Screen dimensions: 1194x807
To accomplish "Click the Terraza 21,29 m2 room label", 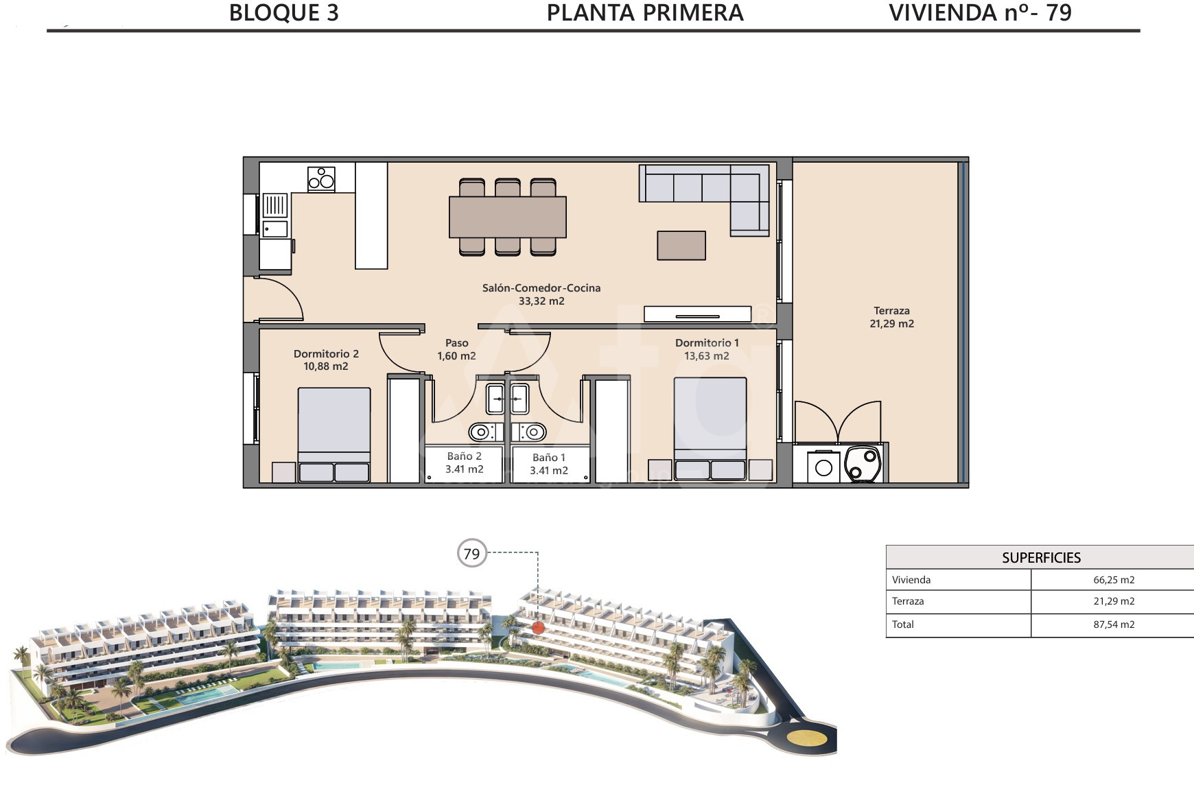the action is click(891, 317).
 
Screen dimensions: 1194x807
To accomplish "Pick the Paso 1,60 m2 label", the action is click(456, 349).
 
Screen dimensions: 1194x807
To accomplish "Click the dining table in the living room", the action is click(508, 217).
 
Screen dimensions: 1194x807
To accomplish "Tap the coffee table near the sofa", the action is click(681, 246).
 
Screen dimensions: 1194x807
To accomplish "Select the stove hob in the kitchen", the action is click(321, 178).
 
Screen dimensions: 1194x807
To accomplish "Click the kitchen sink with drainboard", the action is click(275, 215).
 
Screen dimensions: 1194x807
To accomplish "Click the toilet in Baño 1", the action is click(530, 432).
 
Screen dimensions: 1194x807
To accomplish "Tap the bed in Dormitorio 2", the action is click(334, 435).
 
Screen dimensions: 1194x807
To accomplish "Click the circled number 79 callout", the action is click(471, 554).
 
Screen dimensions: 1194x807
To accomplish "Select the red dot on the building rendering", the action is click(538, 627).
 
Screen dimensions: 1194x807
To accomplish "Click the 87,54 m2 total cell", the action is click(1114, 624).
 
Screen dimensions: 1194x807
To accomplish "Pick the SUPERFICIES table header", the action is click(1041, 558).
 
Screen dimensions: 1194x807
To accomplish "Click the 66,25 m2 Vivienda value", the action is click(1114, 580).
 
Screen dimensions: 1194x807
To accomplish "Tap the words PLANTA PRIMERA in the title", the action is click(645, 13).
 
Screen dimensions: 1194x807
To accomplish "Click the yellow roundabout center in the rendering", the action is click(806, 738).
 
